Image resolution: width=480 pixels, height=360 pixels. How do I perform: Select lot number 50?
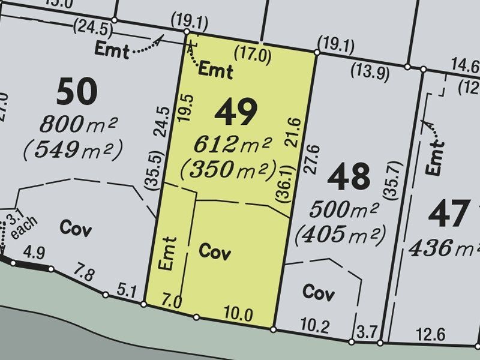(x=76, y=92)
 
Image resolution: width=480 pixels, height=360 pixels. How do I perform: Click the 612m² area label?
(x=233, y=144)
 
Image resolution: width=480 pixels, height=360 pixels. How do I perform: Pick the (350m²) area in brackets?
(x=229, y=169)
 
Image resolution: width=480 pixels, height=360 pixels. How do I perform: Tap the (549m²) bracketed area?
(x=73, y=148)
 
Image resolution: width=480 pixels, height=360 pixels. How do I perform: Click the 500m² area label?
(x=344, y=209)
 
